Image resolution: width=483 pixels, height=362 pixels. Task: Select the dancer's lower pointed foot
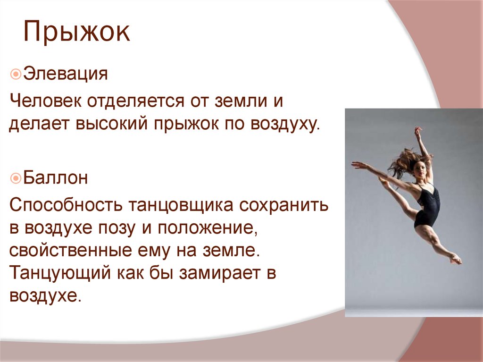(x=456, y=259)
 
